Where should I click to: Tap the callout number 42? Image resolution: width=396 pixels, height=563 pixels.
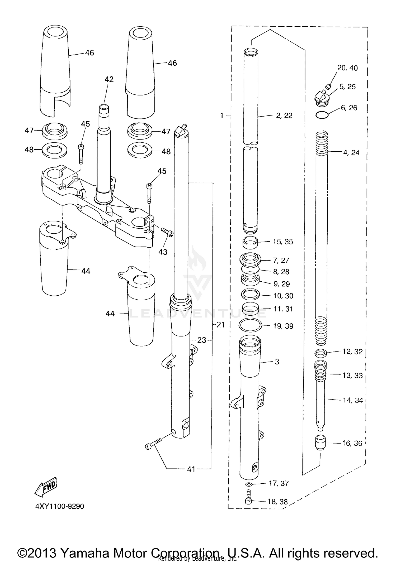(x=109, y=79)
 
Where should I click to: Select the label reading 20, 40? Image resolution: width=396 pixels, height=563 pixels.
(x=347, y=68)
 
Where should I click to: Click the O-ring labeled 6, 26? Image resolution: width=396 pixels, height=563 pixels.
(x=322, y=115)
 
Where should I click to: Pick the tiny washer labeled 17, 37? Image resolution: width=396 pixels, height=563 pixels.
(x=248, y=484)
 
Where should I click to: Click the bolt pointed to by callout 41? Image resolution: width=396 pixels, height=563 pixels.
(x=153, y=444)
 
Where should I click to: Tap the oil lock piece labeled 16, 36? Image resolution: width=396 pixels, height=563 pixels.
(x=320, y=443)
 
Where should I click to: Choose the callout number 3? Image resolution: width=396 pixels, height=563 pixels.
(x=277, y=362)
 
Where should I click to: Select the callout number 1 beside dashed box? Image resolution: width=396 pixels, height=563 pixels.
(x=222, y=116)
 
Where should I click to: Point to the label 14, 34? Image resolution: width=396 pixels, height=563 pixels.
(x=353, y=400)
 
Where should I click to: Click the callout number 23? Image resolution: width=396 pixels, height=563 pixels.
(x=202, y=340)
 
